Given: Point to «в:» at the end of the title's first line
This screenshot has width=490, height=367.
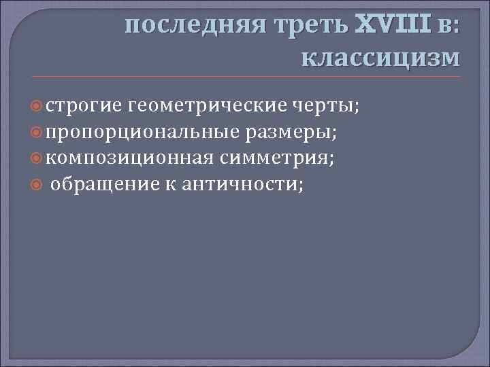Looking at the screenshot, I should (x=447, y=25).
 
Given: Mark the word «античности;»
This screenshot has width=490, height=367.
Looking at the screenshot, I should (x=242, y=186).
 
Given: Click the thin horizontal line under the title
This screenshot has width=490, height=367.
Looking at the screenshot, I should (x=245, y=76).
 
